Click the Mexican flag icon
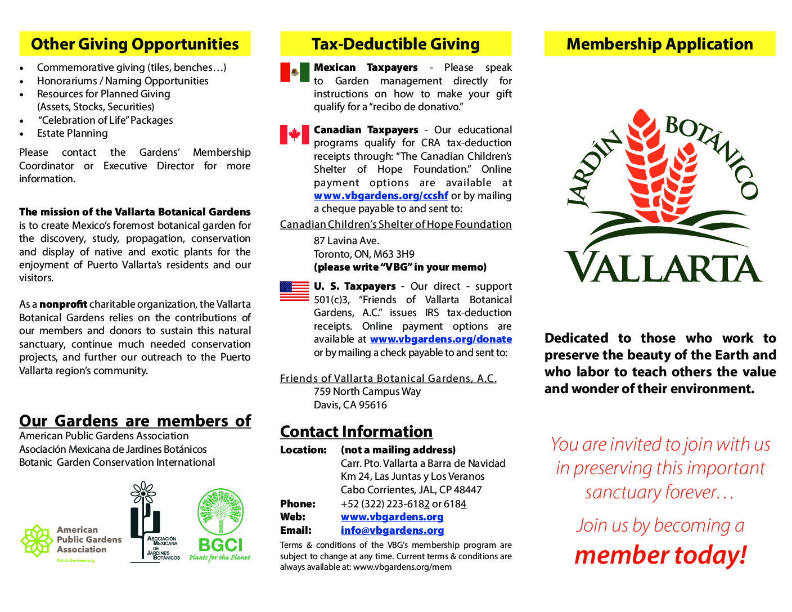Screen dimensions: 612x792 (295, 72)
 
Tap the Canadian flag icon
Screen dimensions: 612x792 (294, 134)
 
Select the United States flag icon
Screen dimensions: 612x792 (294, 291)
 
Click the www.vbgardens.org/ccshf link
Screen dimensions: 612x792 (381, 196)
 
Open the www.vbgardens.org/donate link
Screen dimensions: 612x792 (440, 339)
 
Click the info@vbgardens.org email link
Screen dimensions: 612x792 (392, 530)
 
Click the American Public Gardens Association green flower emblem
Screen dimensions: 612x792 (37, 541)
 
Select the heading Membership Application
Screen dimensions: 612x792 (659, 44)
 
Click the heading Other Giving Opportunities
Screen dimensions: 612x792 (134, 44)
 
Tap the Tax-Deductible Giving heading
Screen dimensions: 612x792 (395, 44)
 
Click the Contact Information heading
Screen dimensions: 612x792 (356, 431)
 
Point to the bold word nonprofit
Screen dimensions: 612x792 (63, 304)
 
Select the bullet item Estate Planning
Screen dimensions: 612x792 (72, 133)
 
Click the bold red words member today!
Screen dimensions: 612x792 (660, 555)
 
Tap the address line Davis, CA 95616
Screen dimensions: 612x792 (350, 405)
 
